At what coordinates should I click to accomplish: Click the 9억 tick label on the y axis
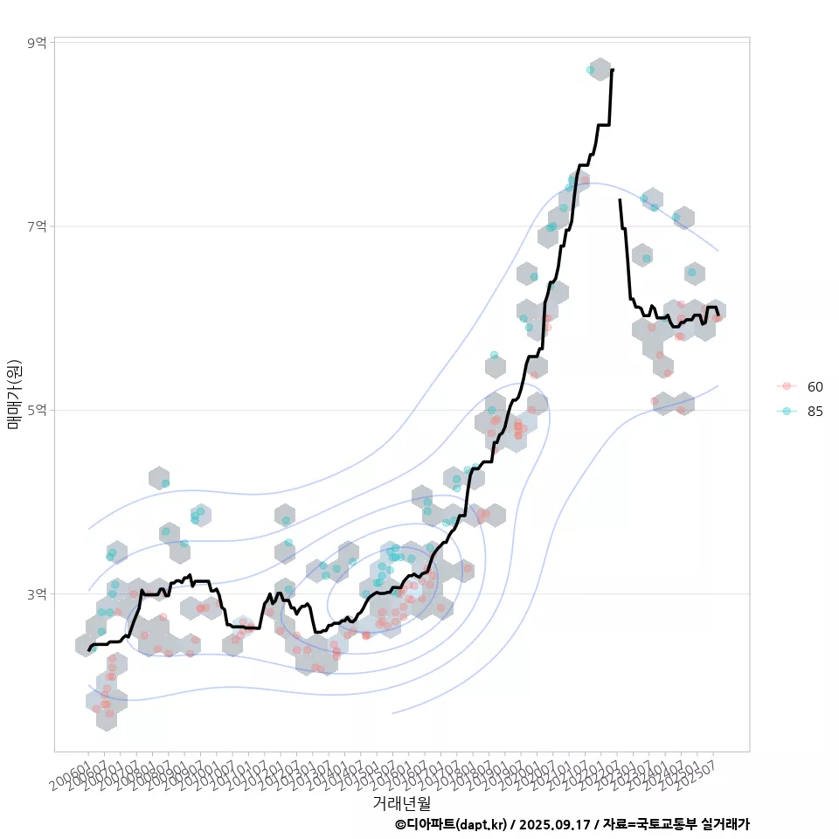point(37,42)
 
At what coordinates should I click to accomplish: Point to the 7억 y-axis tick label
point(37,226)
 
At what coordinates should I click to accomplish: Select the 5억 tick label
point(37,410)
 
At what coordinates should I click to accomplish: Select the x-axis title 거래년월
point(402,802)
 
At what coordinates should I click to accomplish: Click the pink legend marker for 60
point(787,386)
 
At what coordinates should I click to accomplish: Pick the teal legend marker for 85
point(787,412)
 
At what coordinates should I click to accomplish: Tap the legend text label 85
point(815,412)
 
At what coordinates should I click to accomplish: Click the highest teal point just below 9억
point(590,70)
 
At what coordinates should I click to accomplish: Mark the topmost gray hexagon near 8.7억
point(600,70)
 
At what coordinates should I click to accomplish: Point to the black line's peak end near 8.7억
point(613,69)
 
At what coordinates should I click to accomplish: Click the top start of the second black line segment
point(620,200)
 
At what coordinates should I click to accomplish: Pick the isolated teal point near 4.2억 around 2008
point(165,483)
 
